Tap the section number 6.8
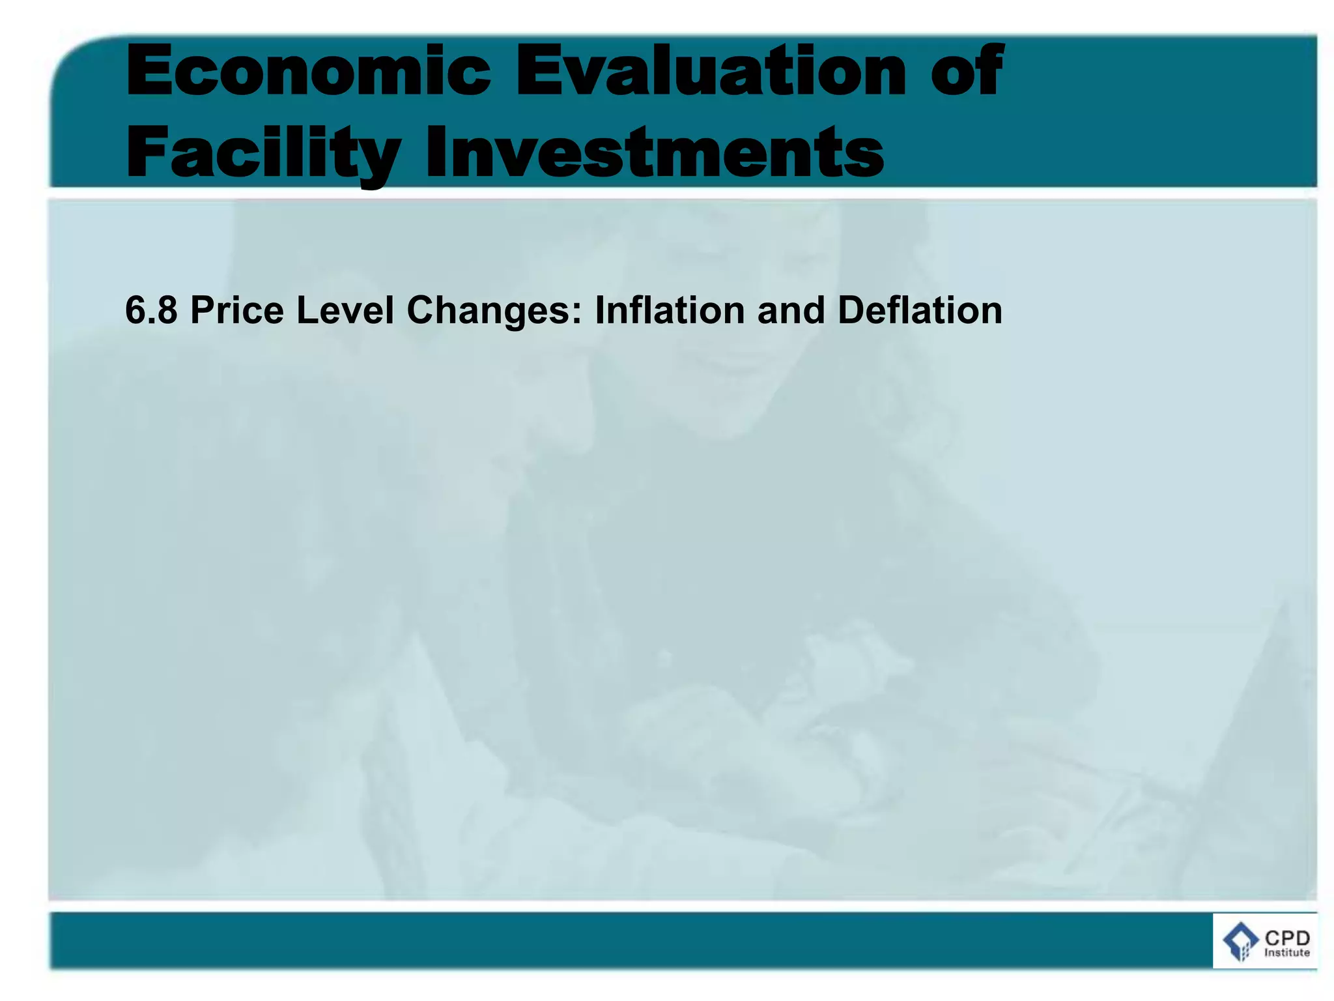[151, 310]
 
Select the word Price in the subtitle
[237, 310]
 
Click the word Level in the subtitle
[345, 310]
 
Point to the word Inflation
[670, 310]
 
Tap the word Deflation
[920, 310]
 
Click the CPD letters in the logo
[1287, 938]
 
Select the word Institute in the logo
[1287, 953]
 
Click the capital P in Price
[201, 310]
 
